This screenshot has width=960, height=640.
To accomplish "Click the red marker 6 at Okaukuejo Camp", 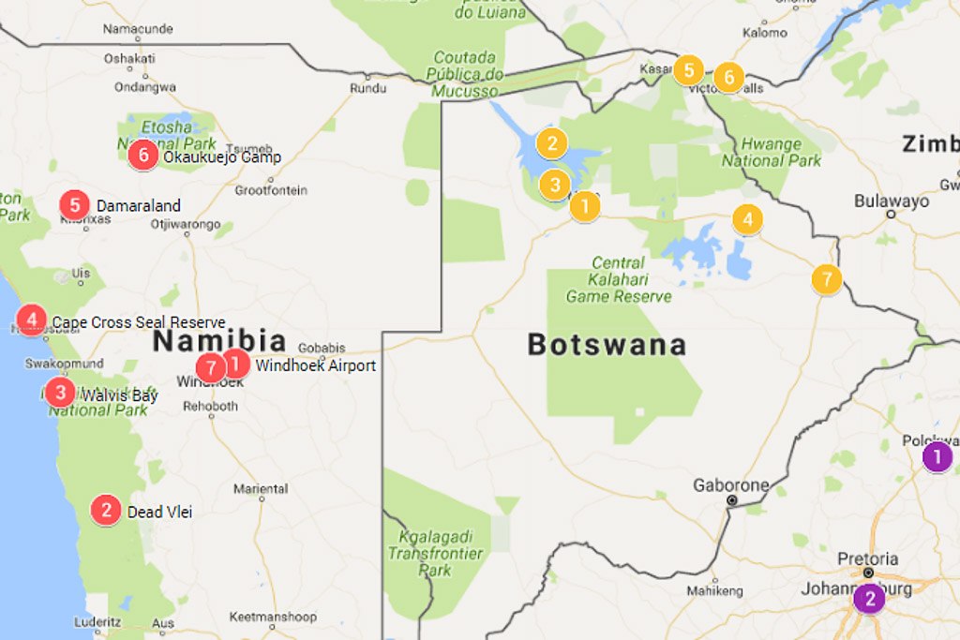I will [x=142, y=155].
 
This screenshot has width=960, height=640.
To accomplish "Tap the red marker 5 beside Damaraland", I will [x=74, y=205].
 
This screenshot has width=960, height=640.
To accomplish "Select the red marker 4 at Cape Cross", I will [x=32, y=320].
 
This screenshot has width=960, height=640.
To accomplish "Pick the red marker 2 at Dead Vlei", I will [x=106, y=511].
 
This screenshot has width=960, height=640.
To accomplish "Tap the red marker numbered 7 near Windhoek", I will [x=211, y=367].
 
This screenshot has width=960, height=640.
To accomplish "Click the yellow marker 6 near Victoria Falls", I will [x=728, y=78].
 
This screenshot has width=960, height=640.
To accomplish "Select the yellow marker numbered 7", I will [x=826, y=279].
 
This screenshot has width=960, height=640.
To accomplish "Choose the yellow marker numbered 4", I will [x=747, y=220].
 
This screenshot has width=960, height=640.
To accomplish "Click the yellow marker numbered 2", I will [x=552, y=143].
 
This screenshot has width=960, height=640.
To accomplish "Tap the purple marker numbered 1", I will [x=937, y=457].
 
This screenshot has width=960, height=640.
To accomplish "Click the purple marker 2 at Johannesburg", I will [x=869, y=598].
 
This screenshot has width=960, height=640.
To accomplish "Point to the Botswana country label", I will [x=607, y=345].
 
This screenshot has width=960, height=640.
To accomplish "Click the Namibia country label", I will [x=219, y=340].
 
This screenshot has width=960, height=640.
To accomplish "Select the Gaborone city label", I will [x=730, y=485].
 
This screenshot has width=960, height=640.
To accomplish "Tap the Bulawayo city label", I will [x=892, y=201].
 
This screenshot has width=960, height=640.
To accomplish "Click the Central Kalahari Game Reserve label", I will [x=619, y=279].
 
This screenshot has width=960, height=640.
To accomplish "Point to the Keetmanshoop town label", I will [x=265, y=617].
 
